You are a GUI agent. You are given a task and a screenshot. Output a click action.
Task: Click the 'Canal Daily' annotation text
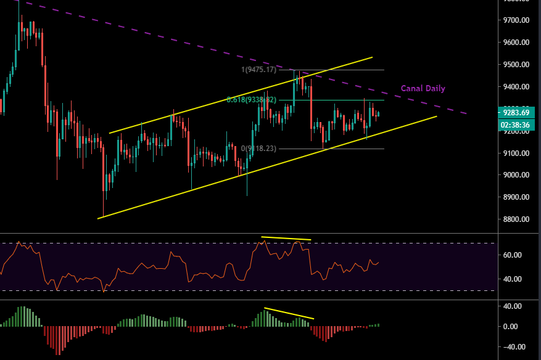point(423,89)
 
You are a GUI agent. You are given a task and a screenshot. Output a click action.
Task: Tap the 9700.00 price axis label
point(517,20)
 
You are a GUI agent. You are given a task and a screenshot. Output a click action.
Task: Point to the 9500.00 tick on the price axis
point(517,65)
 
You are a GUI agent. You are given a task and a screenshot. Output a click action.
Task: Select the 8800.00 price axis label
point(517,219)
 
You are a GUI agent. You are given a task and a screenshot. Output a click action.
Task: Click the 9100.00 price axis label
point(517,153)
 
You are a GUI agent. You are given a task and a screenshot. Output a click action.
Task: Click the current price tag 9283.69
point(517,112)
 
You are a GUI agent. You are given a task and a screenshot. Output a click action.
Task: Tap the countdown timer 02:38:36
point(517,125)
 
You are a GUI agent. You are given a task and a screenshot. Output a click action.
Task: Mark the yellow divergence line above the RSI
point(286,238)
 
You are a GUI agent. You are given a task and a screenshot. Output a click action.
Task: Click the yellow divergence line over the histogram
point(289,313)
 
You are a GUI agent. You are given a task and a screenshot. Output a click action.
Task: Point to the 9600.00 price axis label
point(517,43)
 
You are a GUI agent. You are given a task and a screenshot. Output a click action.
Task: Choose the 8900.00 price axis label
point(517,197)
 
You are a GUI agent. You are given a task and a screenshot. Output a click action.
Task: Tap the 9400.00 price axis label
point(517,87)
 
